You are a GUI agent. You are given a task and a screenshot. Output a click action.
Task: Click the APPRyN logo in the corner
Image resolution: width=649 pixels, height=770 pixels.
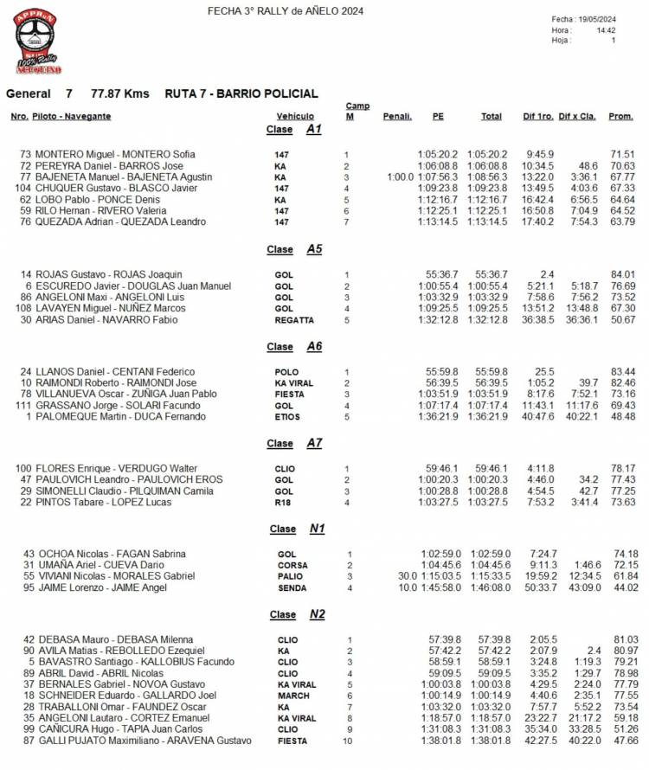tap(38, 41)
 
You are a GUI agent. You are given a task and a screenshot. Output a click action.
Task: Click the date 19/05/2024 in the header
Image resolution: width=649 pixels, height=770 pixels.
tap(596, 19)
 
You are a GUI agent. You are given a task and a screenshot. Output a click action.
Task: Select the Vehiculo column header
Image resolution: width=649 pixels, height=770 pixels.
tap(295, 116)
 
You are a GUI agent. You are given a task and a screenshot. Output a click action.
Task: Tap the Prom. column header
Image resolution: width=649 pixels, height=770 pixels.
tap(620, 116)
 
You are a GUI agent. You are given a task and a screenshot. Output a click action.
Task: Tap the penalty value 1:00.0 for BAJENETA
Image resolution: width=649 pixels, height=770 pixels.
tap(400, 176)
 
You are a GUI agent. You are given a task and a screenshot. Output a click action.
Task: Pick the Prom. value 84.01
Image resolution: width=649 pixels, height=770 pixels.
tap(623, 274)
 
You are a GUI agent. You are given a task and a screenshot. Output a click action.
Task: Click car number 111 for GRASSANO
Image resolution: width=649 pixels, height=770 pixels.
tap(23, 406)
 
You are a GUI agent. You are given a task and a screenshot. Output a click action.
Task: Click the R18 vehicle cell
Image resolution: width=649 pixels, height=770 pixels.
tap(282, 503)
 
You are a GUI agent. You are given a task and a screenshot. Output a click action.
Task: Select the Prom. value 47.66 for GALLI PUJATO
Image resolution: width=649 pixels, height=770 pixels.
tap(623, 741)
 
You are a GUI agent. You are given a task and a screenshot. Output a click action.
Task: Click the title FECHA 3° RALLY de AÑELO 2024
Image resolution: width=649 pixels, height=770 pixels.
tap(286, 11)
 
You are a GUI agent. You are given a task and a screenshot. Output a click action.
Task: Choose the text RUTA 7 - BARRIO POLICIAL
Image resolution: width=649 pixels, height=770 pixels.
tap(241, 93)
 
